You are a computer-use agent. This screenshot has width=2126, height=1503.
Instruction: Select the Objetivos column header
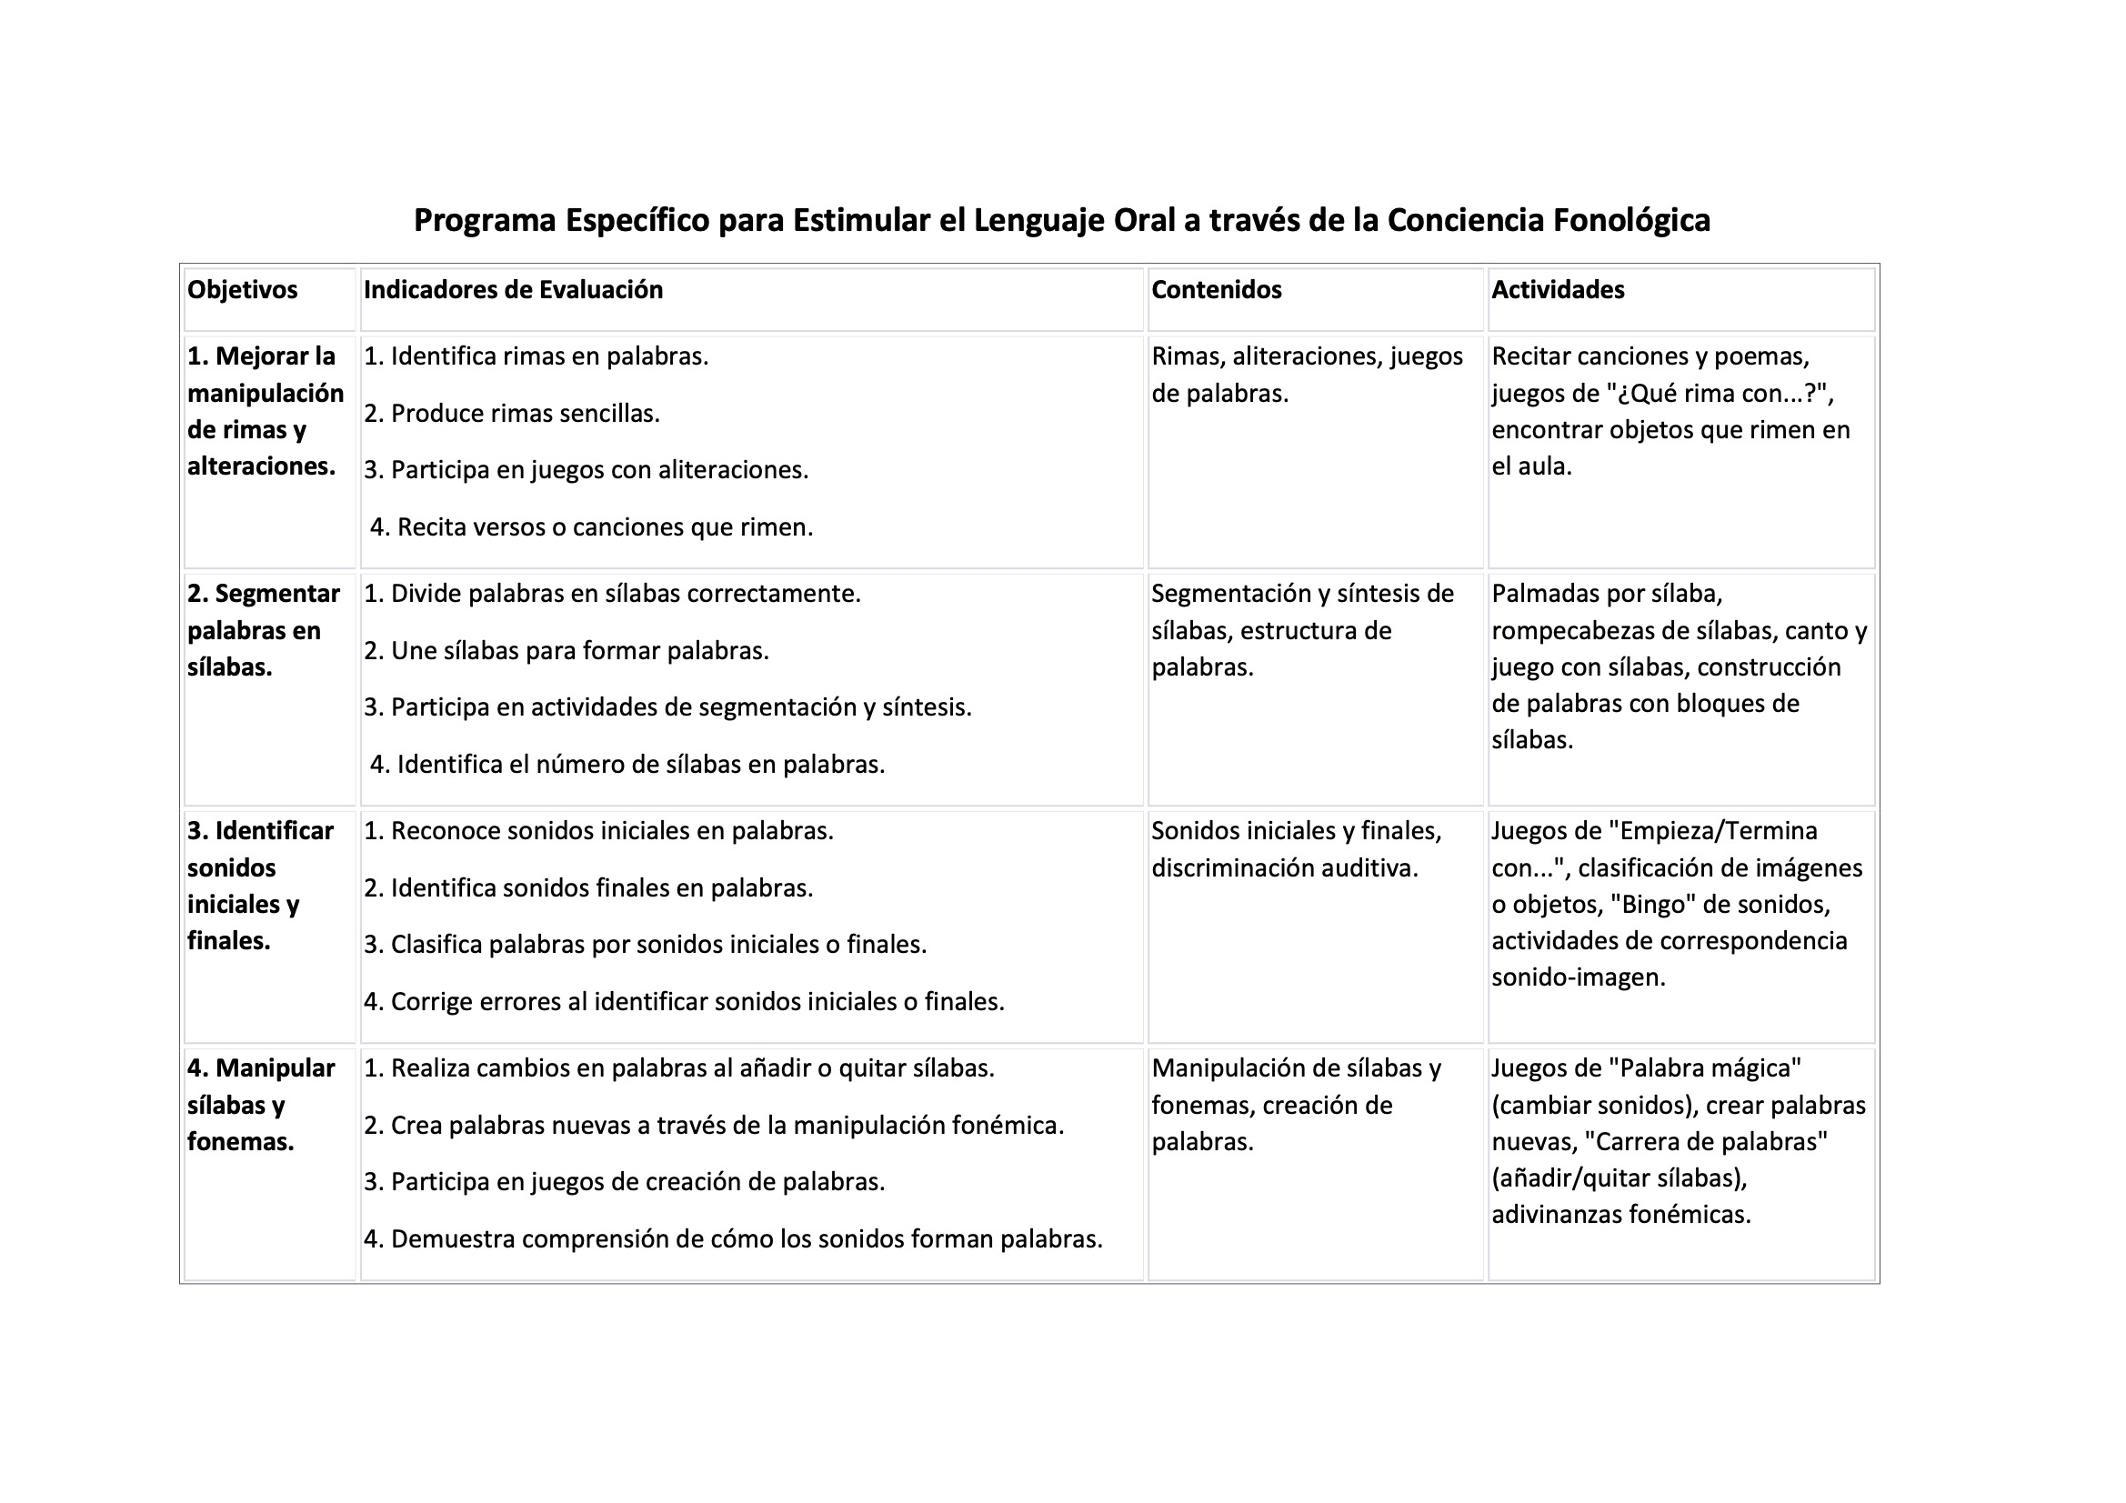(x=243, y=290)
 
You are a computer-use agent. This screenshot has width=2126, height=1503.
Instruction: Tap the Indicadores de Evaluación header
(x=513, y=290)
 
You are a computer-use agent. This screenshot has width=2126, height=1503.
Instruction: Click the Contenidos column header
(x=1216, y=290)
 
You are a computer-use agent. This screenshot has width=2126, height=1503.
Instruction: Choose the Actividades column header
(x=1558, y=290)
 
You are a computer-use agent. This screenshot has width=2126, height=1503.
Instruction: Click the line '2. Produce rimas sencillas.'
(x=512, y=413)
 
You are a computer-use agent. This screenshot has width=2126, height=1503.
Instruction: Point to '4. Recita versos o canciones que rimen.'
(x=592, y=527)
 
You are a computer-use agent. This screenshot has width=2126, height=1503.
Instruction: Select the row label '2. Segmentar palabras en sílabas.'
(x=263, y=630)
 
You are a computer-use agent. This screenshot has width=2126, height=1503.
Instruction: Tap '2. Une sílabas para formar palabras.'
(x=566, y=650)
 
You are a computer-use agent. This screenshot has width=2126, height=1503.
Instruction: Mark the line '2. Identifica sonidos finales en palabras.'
(x=588, y=888)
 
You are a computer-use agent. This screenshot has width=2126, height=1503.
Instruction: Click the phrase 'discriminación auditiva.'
(x=1284, y=867)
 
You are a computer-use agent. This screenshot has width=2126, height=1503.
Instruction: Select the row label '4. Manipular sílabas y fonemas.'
(x=260, y=1104)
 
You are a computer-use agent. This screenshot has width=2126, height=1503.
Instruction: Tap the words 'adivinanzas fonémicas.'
(x=1620, y=1214)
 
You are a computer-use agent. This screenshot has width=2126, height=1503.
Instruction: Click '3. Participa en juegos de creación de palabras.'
(x=624, y=1182)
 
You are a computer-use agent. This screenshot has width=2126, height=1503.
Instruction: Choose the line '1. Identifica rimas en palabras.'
(x=537, y=356)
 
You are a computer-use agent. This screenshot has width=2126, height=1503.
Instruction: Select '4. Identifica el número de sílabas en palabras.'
(x=627, y=764)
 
